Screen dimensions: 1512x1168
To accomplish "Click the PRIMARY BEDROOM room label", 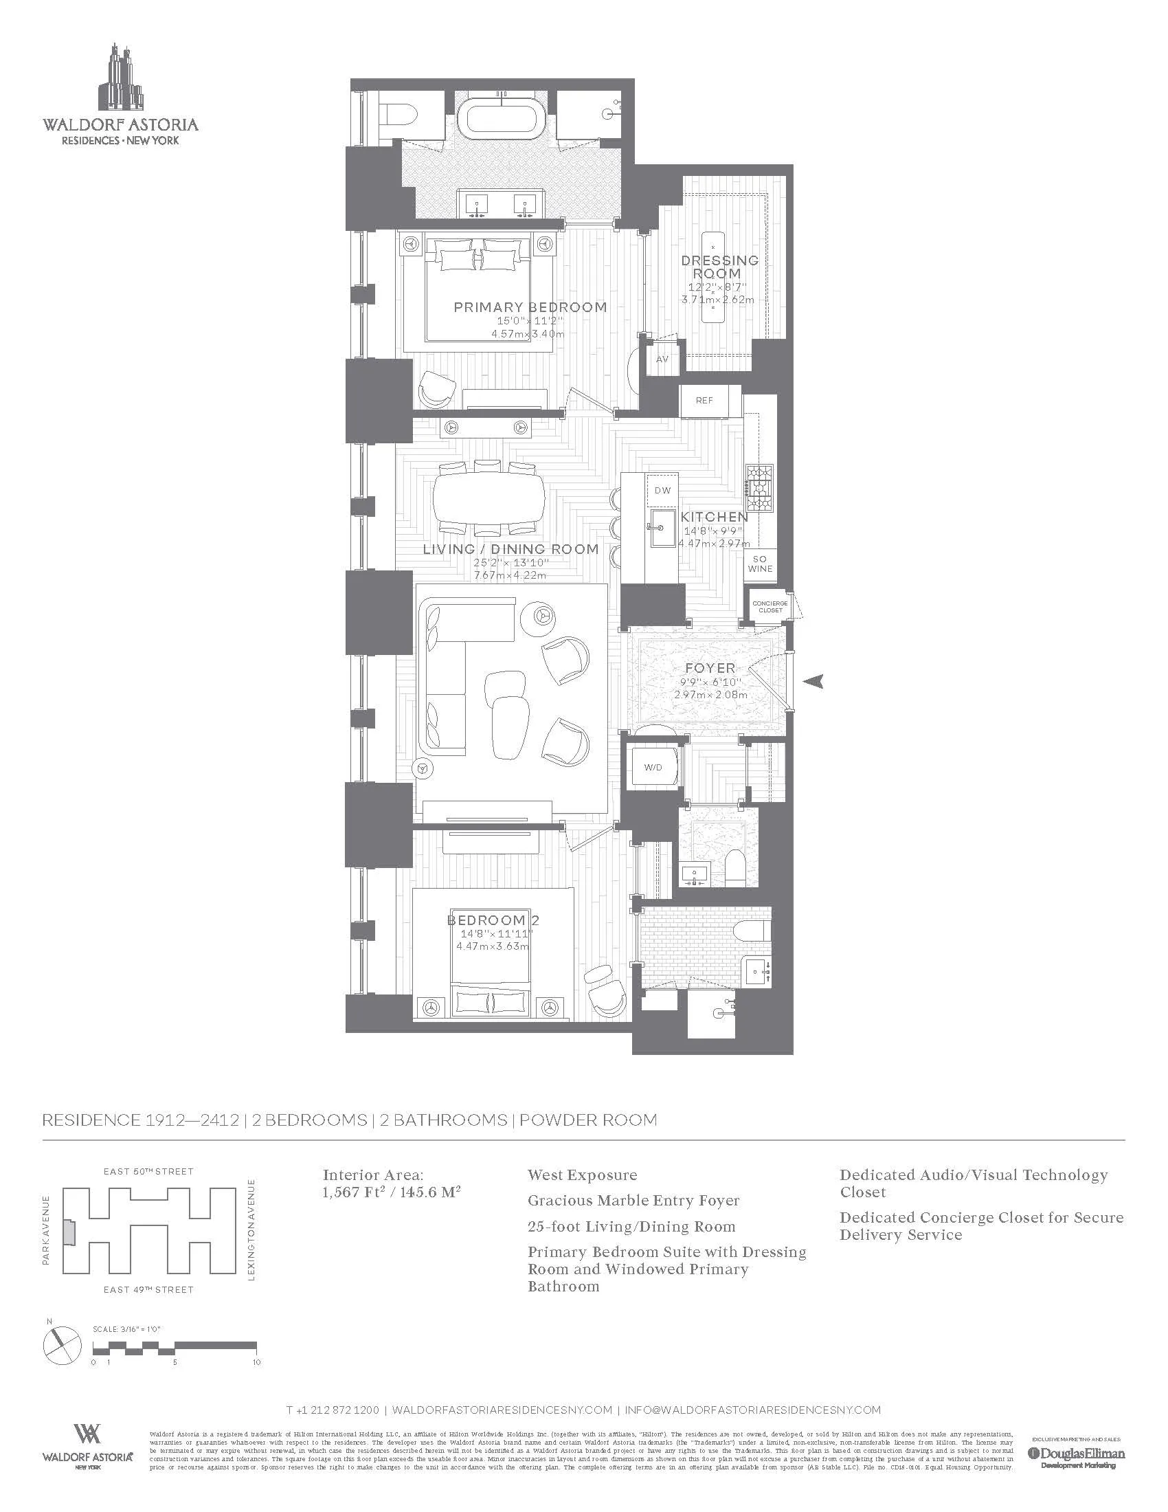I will [530, 307].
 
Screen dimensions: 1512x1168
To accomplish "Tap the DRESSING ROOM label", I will [719, 267].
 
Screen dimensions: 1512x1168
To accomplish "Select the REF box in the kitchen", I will [704, 401].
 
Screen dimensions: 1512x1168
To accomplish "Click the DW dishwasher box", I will [662, 490].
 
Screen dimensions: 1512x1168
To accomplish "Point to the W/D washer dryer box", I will [653, 767].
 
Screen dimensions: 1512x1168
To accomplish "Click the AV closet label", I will [662, 359].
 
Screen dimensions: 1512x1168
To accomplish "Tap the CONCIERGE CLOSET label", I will [770, 606].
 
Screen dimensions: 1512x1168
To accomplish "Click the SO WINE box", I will [760, 564].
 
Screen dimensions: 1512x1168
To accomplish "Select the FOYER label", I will [710, 668].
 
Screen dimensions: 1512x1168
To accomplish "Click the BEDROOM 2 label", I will [493, 920].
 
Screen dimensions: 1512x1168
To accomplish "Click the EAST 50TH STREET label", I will [148, 1171].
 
